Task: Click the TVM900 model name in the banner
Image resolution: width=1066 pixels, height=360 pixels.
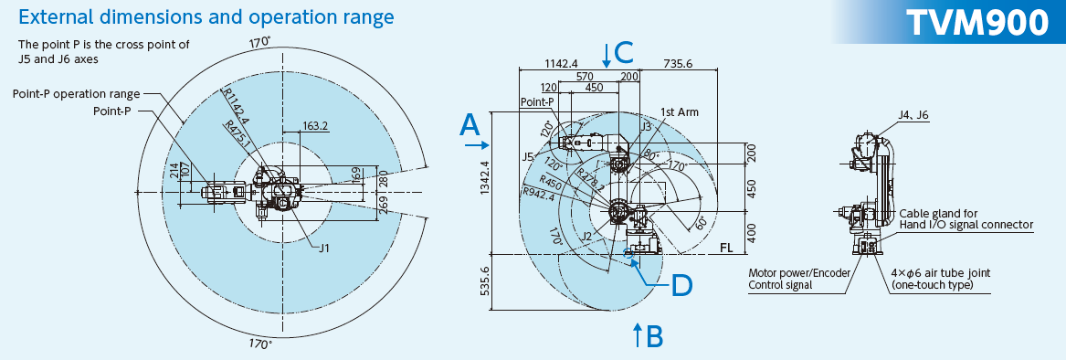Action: (x=977, y=23)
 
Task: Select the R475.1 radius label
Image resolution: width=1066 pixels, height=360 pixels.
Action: (x=240, y=134)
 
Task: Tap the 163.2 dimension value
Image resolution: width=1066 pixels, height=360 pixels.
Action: (x=315, y=126)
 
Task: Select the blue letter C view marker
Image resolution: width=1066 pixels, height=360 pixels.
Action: (x=624, y=52)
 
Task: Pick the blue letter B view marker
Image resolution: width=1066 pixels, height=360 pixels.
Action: (x=654, y=336)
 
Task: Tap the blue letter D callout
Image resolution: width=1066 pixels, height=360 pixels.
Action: (x=681, y=286)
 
